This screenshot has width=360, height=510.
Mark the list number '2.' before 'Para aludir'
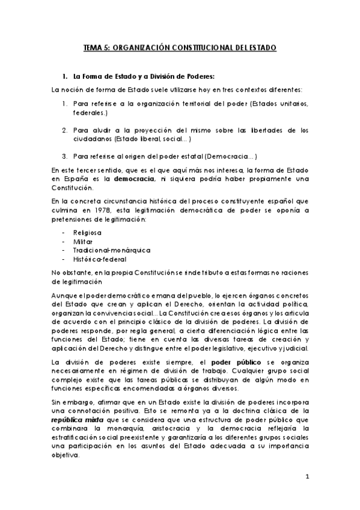tap(64, 130)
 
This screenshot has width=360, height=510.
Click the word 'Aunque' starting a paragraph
tap(65, 295)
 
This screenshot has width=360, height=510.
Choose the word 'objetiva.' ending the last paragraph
tap(66, 455)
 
